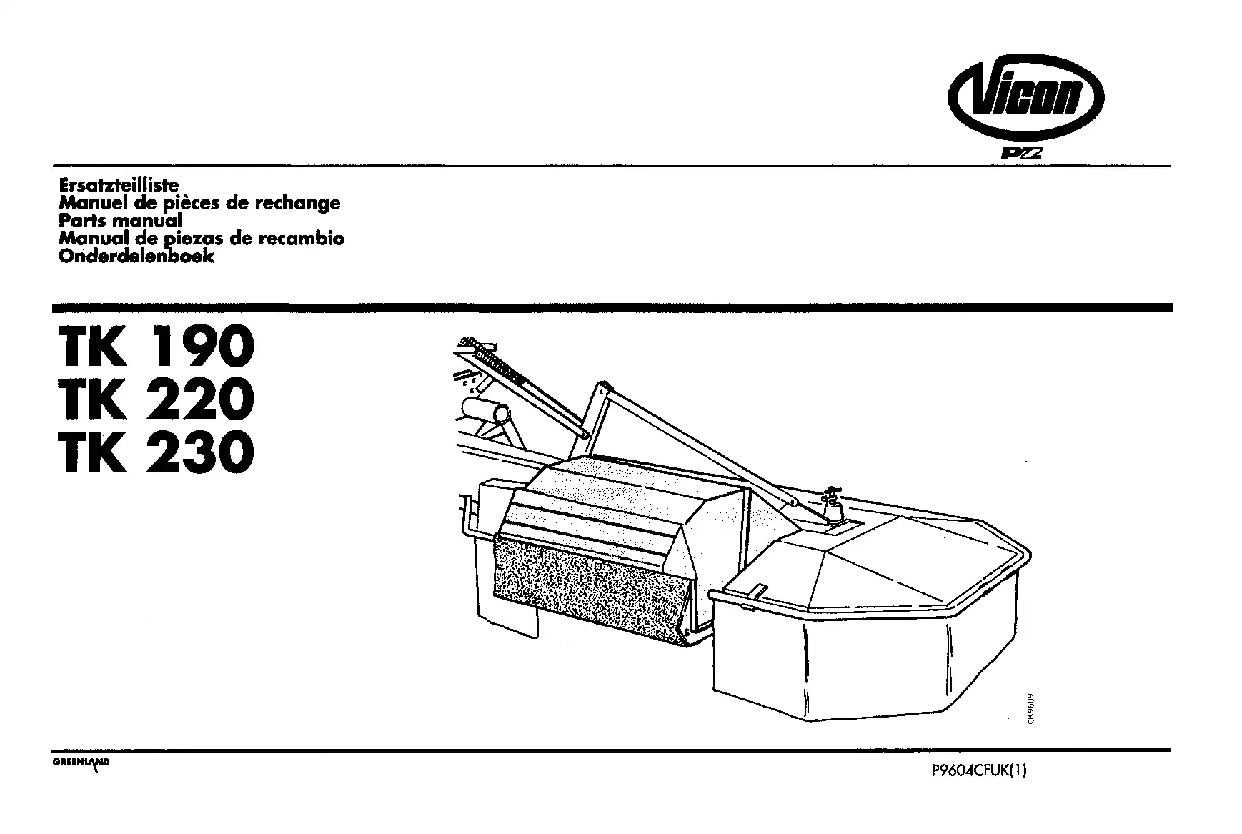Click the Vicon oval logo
pyautogui.click(x=1025, y=96)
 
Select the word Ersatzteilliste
pyautogui.click(x=119, y=185)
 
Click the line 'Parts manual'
pyautogui.click(x=120, y=220)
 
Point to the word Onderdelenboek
pyautogui.click(x=136, y=256)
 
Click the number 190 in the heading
pyautogui.click(x=204, y=347)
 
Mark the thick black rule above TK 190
pyautogui.click(x=612, y=308)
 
